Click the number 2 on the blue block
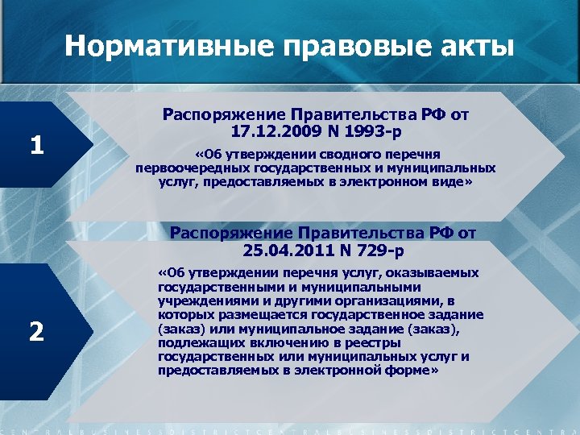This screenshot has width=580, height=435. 37,331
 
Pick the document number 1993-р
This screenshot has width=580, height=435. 374,130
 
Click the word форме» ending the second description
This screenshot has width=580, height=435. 412,371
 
